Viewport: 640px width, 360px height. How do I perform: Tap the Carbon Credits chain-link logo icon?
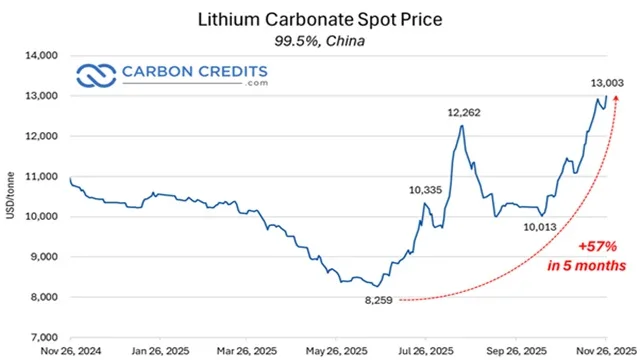pos(97,75)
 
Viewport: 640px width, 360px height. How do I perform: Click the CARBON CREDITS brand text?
pos(194,72)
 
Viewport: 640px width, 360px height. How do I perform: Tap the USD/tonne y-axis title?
pos(11,196)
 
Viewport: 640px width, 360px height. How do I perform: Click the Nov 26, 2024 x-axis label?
pos(71,351)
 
